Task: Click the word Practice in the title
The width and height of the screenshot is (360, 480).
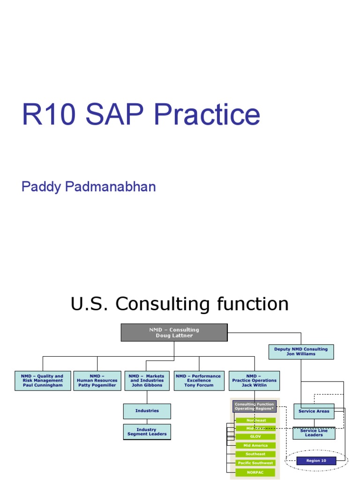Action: click(206, 115)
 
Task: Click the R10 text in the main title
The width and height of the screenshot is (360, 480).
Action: click(50, 115)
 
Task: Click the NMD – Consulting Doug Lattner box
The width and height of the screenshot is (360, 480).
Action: click(174, 332)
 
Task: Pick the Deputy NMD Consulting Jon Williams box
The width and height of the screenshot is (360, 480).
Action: click(301, 352)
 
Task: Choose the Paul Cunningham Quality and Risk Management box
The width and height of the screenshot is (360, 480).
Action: click(43, 381)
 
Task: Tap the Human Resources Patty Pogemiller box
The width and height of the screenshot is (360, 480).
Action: click(97, 381)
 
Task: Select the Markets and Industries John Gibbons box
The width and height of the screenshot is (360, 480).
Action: click(147, 381)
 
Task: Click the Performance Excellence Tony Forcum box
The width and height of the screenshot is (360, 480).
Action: click(199, 381)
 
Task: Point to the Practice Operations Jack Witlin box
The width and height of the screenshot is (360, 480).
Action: click(254, 381)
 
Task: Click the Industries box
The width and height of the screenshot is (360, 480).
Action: click(147, 411)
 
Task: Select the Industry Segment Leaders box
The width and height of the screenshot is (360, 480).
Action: click(147, 432)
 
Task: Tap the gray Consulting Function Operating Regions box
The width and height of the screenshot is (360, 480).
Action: click(254, 406)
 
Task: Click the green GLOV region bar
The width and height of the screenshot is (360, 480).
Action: click(256, 437)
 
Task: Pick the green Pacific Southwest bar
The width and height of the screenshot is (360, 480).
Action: click(256, 463)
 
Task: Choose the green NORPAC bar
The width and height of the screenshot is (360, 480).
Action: click(256, 472)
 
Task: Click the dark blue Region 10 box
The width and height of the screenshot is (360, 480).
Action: click(316, 461)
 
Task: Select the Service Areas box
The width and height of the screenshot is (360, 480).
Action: click(314, 411)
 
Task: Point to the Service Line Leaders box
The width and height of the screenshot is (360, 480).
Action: click(314, 433)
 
